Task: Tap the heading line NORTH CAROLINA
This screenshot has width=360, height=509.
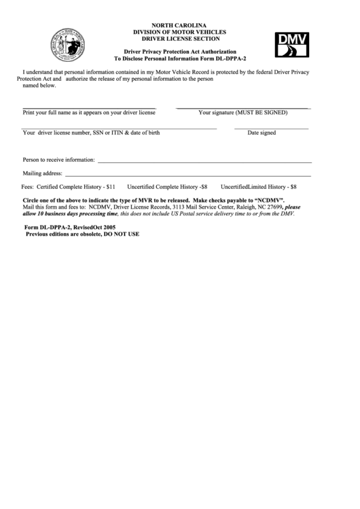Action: point(180,25)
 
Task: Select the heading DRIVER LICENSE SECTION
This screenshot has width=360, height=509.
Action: point(180,39)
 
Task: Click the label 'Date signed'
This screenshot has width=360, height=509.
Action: point(262,133)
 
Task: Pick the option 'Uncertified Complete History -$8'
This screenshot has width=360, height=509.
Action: point(168,186)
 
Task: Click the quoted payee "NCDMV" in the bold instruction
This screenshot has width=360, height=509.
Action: point(268,201)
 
